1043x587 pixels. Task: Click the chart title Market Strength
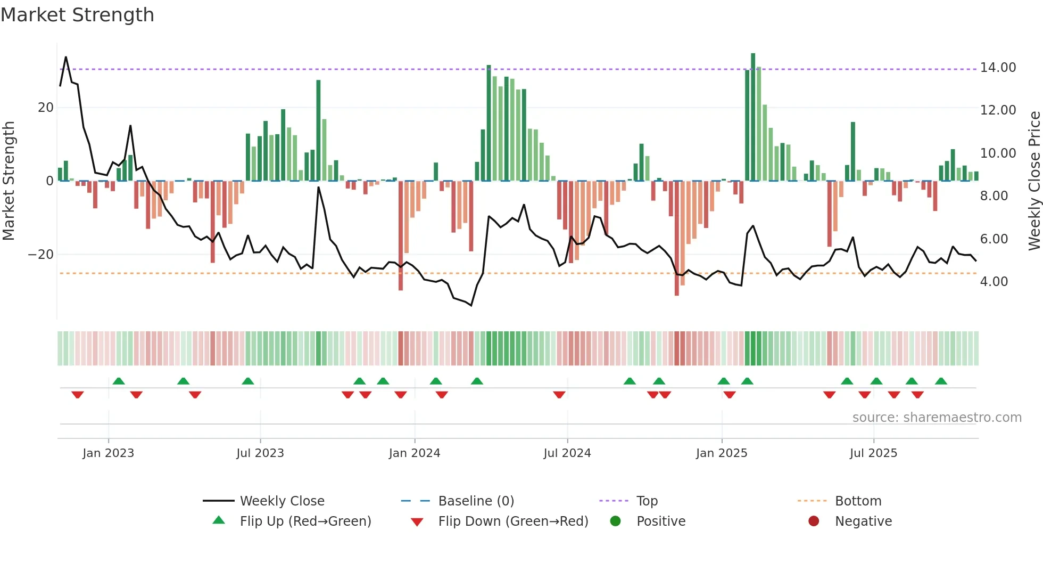pos(77,15)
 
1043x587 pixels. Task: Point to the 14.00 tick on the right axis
pos(998,68)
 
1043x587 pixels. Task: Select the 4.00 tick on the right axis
pos(994,282)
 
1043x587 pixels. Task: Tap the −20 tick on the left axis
pos(40,255)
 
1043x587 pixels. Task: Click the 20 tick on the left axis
pos(45,108)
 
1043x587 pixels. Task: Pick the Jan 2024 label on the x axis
pos(414,453)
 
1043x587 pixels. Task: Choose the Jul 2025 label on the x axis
pos(873,453)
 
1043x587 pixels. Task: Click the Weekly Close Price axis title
pos(1034,181)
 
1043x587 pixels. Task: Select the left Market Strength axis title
pos(9,181)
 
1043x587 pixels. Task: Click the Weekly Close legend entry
pos(282,501)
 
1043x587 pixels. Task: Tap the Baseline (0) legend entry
pos(476,501)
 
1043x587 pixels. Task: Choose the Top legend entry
pos(647,501)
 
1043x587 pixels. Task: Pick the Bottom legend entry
pos(858,501)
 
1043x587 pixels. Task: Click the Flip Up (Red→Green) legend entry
pos(305,521)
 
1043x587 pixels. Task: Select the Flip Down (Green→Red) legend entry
pos(513,521)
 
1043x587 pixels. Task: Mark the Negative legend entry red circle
pos(813,521)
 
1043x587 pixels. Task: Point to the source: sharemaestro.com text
pos(937,418)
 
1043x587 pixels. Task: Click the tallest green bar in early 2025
pos(753,117)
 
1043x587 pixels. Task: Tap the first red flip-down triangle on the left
pos(78,395)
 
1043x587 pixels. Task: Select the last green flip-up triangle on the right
pos(941,381)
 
